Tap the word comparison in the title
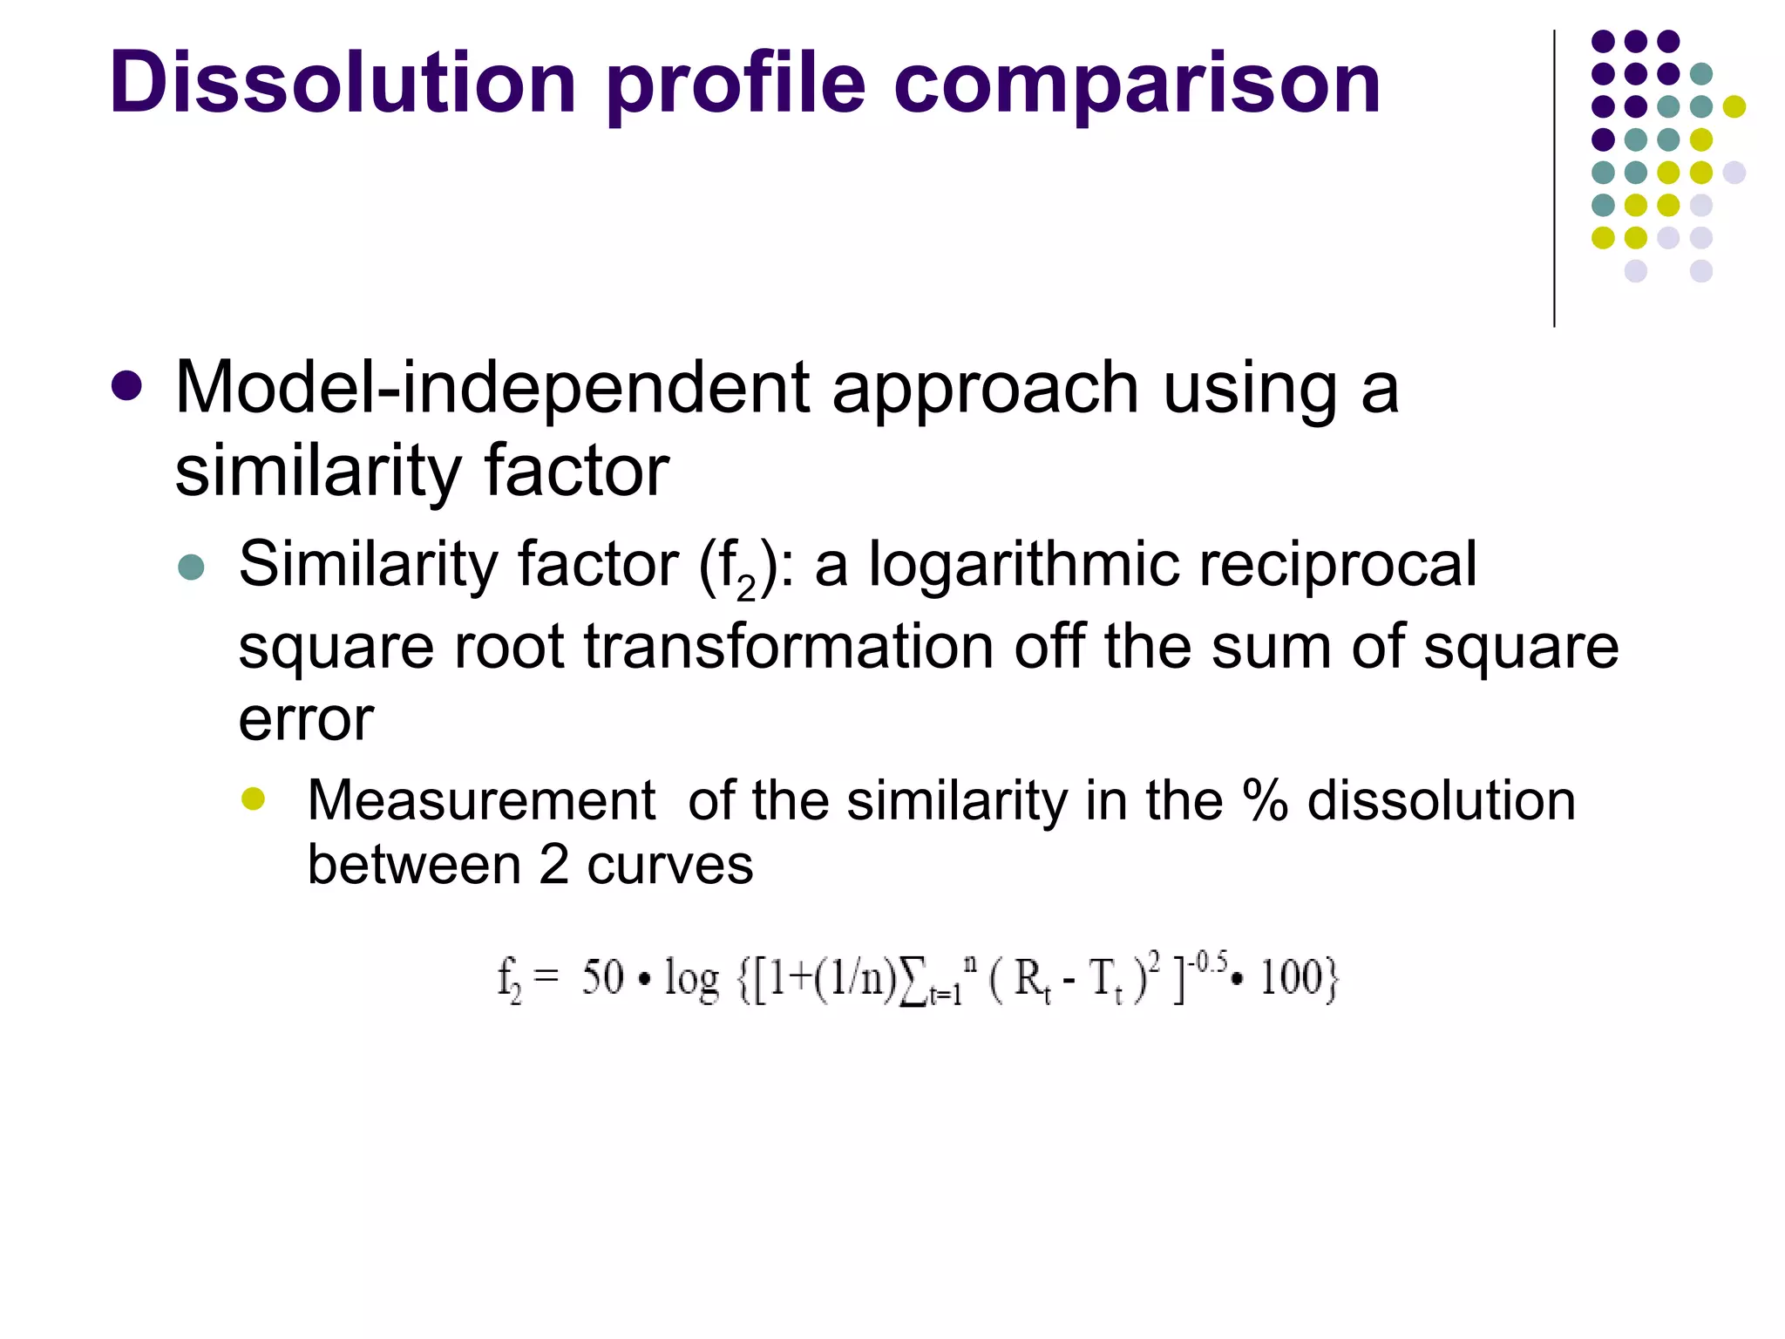pyautogui.click(x=1137, y=85)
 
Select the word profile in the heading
pyautogui.click(x=735, y=85)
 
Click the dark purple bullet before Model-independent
pyautogui.click(x=127, y=386)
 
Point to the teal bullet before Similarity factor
pyautogui.click(x=191, y=568)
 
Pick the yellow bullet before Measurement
pyautogui.click(x=254, y=799)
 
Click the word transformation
pyautogui.click(x=788, y=647)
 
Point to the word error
pyautogui.click(x=306, y=720)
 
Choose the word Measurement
pyautogui.click(x=481, y=800)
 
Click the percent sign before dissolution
pyautogui.click(x=1265, y=800)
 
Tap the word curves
pyautogui.click(x=669, y=866)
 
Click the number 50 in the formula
pyautogui.click(x=602, y=977)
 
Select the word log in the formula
pyautogui.click(x=692, y=979)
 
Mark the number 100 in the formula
pyautogui.click(x=1292, y=977)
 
